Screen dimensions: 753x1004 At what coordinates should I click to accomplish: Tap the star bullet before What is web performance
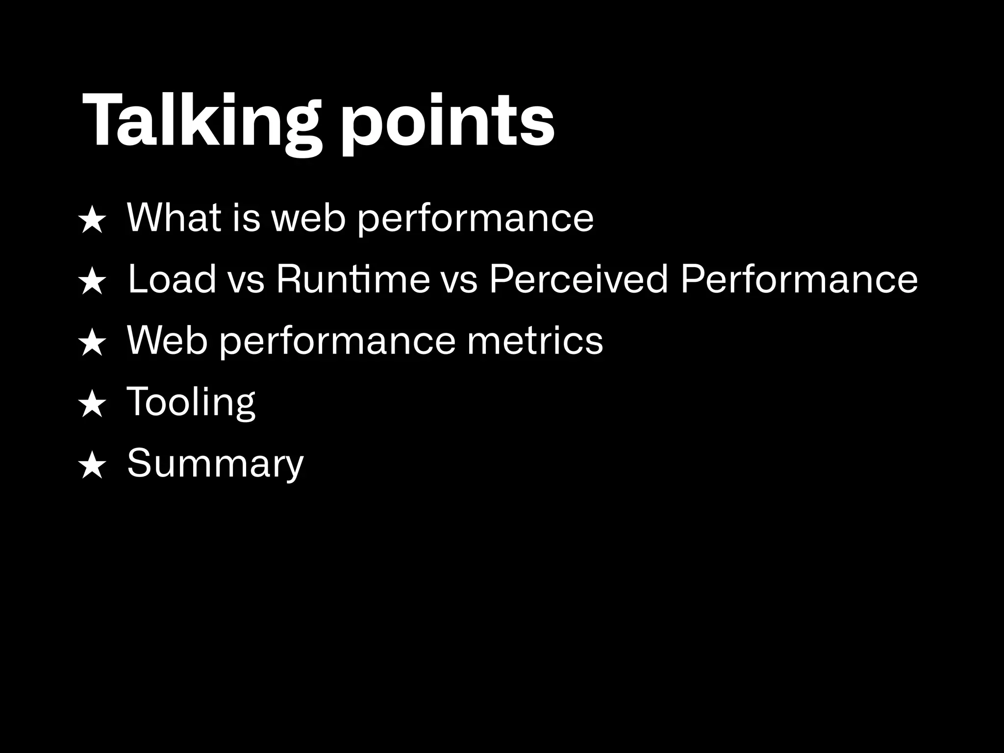click(92, 221)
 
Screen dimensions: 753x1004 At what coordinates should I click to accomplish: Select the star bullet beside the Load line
click(92, 283)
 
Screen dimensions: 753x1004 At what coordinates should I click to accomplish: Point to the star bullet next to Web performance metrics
click(92, 344)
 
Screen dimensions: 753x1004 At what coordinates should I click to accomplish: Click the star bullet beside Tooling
click(92, 405)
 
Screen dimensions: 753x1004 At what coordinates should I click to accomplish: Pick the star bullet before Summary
click(92, 466)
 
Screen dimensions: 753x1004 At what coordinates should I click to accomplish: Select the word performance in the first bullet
click(475, 219)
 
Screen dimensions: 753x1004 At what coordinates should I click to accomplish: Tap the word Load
click(172, 279)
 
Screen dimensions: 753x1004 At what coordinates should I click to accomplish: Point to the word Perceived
click(578, 279)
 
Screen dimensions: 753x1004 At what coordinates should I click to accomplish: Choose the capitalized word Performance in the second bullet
click(799, 279)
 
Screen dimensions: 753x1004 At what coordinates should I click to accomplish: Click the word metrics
click(535, 341)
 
